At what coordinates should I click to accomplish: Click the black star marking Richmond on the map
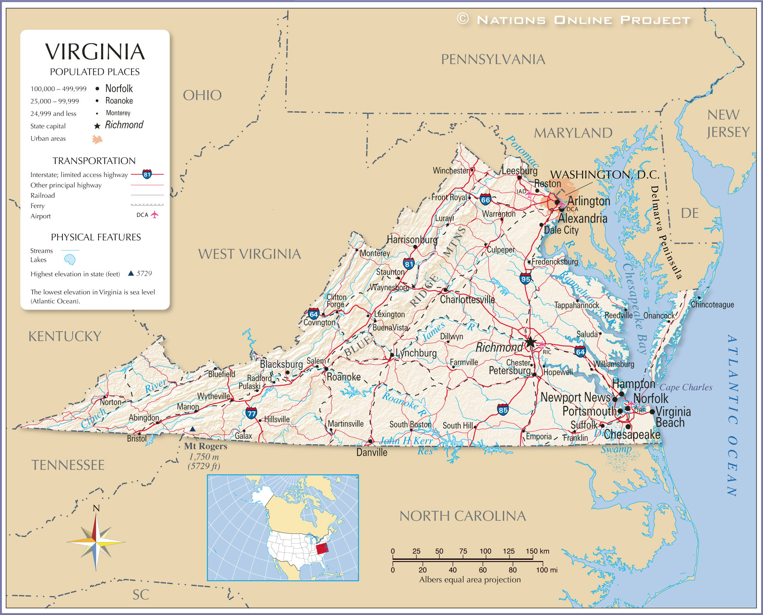[530, 342]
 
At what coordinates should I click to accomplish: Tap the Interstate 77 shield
[251, 413]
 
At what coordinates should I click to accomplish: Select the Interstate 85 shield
[503, 410]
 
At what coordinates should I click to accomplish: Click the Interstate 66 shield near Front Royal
[485, 199]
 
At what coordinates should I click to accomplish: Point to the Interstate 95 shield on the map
[525, 279]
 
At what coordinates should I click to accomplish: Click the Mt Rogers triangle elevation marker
[192, 429]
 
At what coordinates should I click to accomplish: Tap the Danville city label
[372, 453]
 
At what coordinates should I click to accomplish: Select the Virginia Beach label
[672, 417]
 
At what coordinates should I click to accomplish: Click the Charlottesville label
[467, 299]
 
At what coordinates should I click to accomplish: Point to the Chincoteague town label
[712, 305]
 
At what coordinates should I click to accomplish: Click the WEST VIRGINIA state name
[249, 254]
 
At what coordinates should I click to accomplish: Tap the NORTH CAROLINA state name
[462, 516]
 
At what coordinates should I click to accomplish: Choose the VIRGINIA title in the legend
[95, 52]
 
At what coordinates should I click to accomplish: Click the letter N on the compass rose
[96, 508]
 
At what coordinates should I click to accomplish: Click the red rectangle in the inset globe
[322, 548]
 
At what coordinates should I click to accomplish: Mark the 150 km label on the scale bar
[537, 551]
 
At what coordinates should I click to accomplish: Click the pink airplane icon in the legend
[155, 214]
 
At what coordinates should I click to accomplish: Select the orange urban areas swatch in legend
[97, 139]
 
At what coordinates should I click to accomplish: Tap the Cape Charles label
[686, 387]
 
